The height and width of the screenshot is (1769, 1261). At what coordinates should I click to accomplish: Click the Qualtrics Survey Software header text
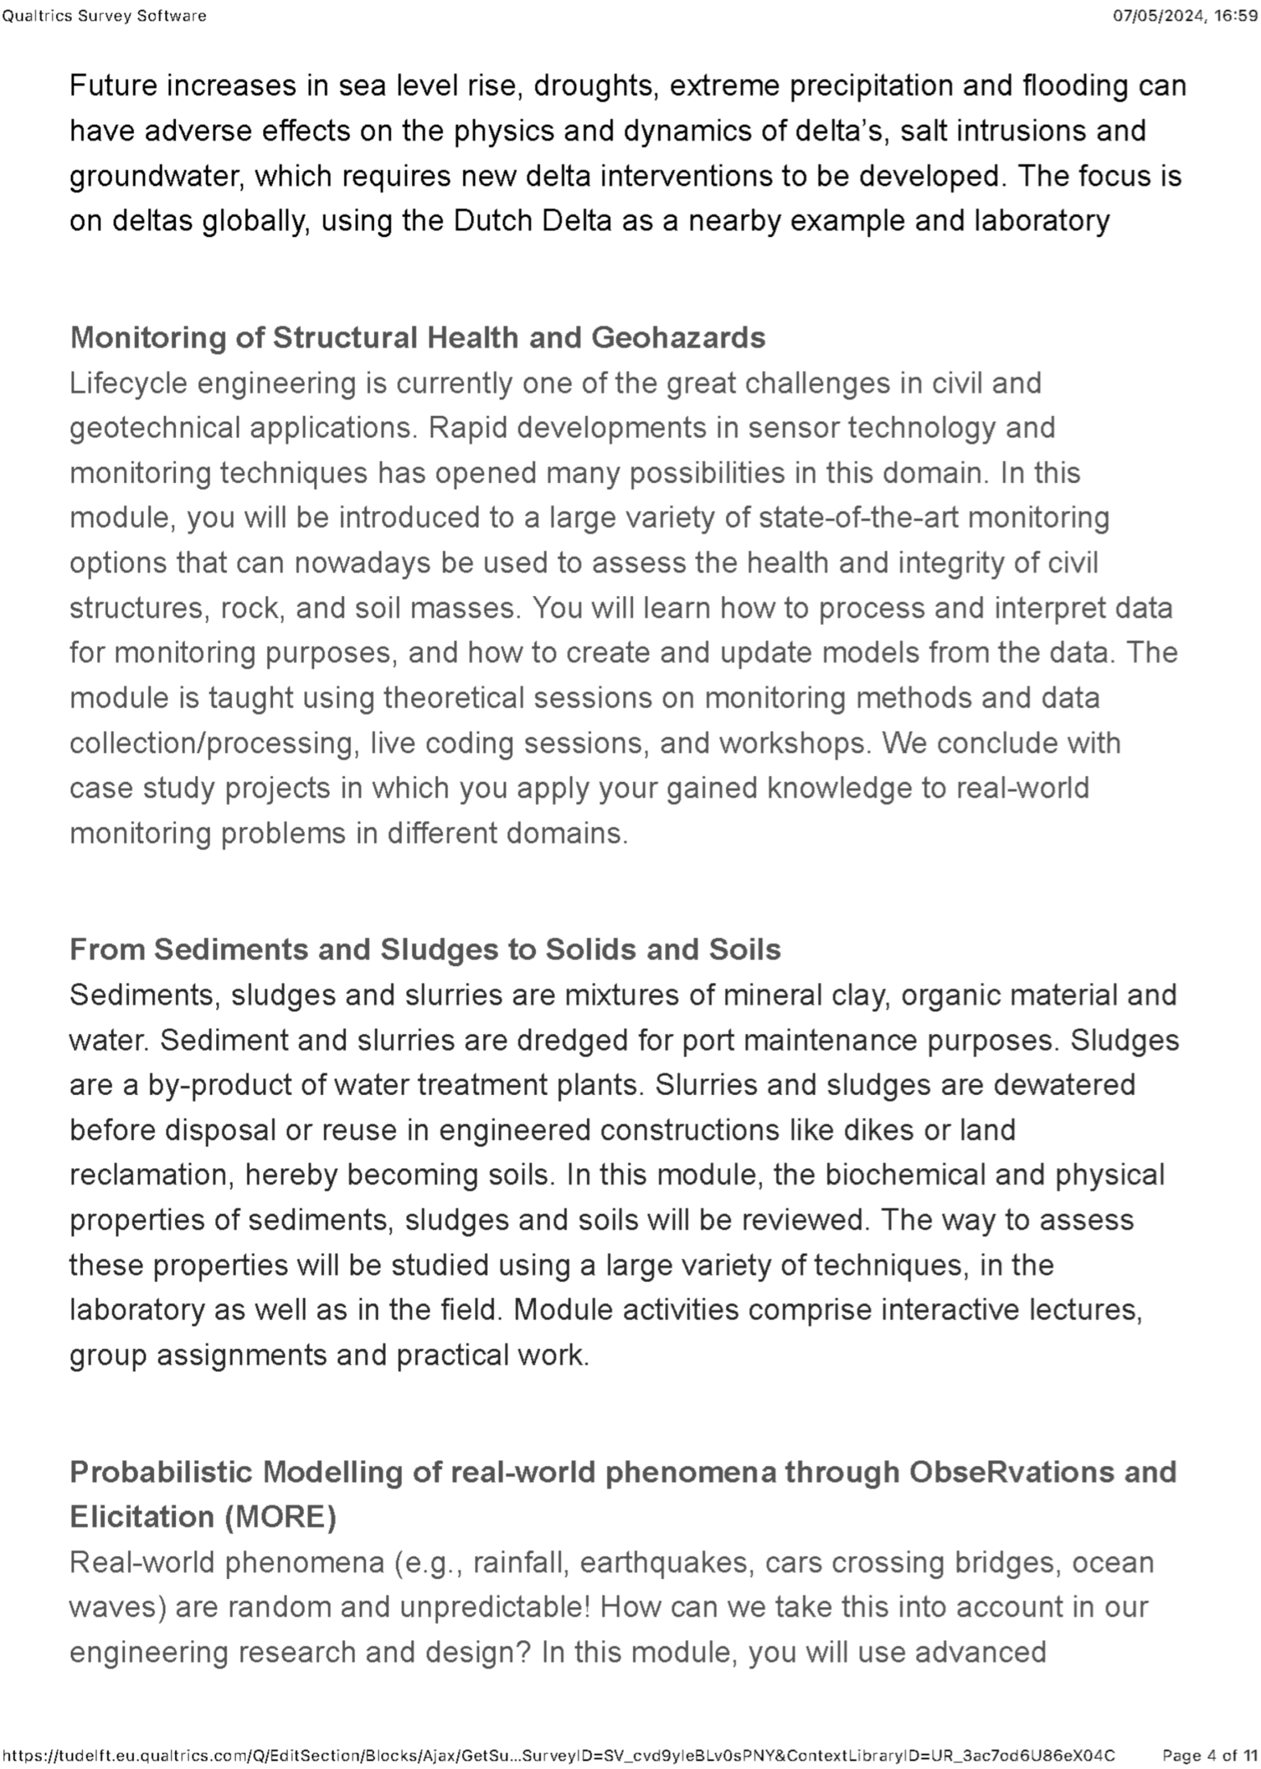(x=104, y=15)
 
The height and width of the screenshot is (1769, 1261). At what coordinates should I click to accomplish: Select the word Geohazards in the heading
(x=678, y=338)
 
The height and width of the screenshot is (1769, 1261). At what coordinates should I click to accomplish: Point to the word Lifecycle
(x=129, y=383)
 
